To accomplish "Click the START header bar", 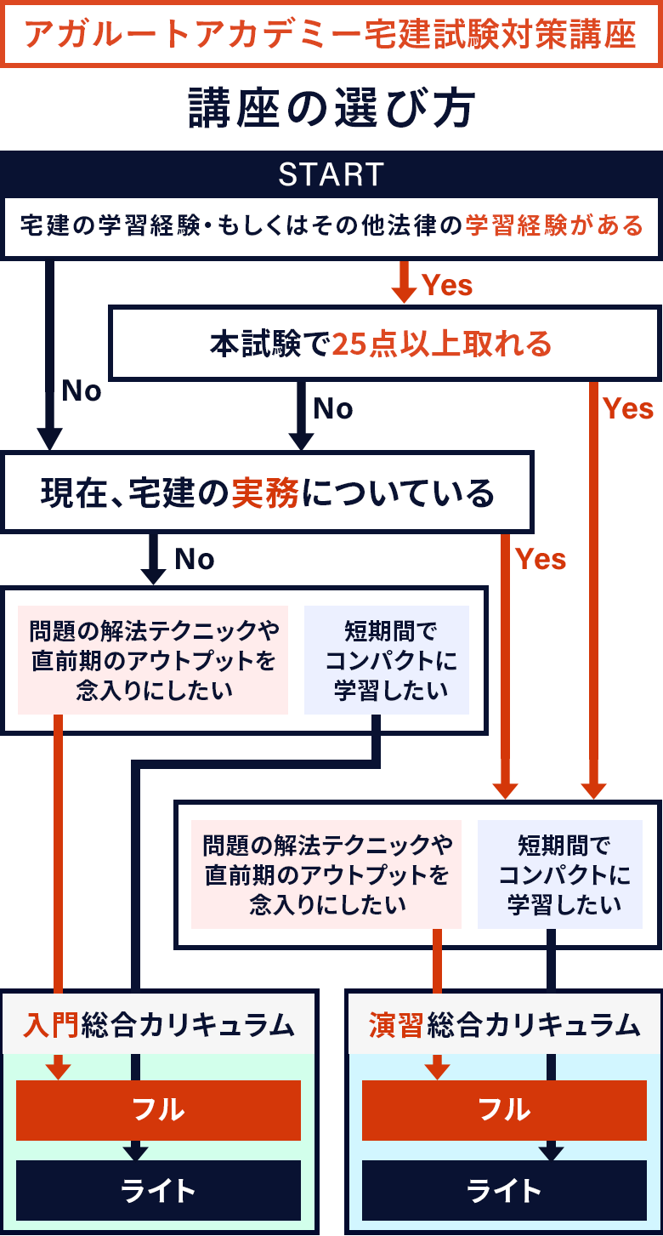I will coord(331,174).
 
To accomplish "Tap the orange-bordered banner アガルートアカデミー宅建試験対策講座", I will coord(331,34).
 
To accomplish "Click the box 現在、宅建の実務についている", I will coord(268,493).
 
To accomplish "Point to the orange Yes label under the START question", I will coord(447,285).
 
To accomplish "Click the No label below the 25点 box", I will coord(333,409).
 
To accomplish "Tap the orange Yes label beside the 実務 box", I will coord(541,559).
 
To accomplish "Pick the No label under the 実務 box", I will coord(195,559).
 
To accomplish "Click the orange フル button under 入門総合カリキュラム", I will coord(159,1109).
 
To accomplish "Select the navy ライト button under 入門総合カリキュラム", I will coord(159,1190).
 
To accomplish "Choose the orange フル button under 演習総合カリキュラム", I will coord(504,1109).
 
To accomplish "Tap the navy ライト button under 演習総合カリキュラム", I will coord(504,1190).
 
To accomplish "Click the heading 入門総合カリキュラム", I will coord(160,1025).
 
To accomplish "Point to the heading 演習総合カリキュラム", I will coord(504,1025).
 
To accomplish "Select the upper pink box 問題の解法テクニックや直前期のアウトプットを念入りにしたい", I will coord(154,660).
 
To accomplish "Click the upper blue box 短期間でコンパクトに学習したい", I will coord(388,660).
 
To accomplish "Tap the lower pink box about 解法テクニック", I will coord(327,874).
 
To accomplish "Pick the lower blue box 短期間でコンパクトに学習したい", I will coord(560,874).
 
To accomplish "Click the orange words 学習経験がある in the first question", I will coord(554,225).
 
